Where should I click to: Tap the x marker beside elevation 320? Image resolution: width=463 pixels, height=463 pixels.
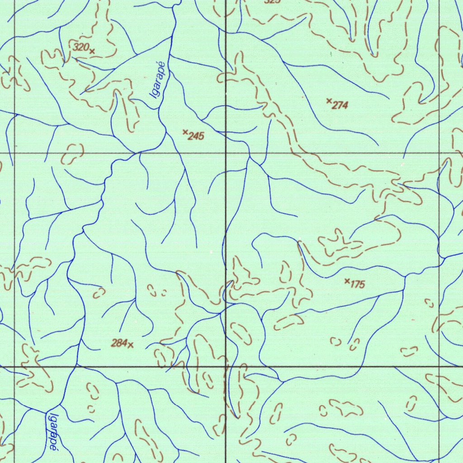point(92,51)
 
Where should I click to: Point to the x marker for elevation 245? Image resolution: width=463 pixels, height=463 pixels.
point(185,132)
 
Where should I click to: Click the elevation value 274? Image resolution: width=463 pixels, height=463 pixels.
point(340,105)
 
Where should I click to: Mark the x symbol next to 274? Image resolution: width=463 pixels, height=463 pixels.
point(329,101)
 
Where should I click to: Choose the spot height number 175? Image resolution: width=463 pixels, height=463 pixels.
point(357,284)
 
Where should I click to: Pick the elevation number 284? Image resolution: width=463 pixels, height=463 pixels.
point(119,343)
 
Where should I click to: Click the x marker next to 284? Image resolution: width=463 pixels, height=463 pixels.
point(131,345)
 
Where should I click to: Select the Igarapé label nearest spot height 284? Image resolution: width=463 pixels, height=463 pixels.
point(53,432)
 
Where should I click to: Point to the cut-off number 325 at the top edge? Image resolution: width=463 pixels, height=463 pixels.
point(272,1)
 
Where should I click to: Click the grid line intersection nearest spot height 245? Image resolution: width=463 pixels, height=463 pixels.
point(226,153)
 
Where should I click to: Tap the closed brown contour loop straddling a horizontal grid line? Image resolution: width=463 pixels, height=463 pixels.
point(72,154)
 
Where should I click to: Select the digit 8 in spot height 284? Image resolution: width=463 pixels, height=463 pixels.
point(119,343)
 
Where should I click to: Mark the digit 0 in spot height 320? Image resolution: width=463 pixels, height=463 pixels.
point(85,47)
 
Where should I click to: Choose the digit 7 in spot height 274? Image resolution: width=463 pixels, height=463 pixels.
point(340,105)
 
